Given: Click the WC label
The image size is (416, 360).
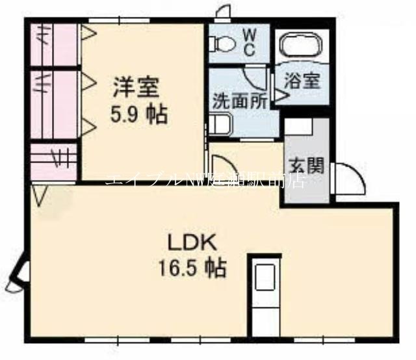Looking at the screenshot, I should (249, 41).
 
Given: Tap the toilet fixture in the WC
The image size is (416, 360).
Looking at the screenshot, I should (223, 44).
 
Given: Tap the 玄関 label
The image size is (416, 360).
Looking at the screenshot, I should (305, 165).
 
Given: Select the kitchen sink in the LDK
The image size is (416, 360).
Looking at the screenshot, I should (265, 278).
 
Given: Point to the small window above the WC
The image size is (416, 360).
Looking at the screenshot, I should (224, 12).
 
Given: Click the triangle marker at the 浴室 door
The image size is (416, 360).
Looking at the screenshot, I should (279, 96).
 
